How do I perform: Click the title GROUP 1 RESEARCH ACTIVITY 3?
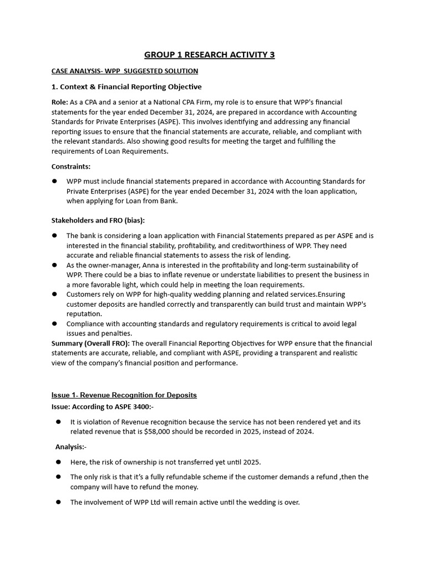(209, 54)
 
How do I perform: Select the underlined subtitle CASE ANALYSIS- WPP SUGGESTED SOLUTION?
(124, 72)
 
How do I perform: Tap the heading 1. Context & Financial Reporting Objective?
(126, 87)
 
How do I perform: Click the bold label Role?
(60, 103)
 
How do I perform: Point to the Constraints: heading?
(71, 166)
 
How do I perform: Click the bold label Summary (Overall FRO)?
(90, 343)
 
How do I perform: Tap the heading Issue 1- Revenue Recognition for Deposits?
(124, 395)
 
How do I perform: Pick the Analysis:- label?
(71, 447)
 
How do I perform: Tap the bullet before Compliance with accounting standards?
(55, 324)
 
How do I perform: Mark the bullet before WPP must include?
(55, 181)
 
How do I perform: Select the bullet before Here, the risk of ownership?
(59, 462)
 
